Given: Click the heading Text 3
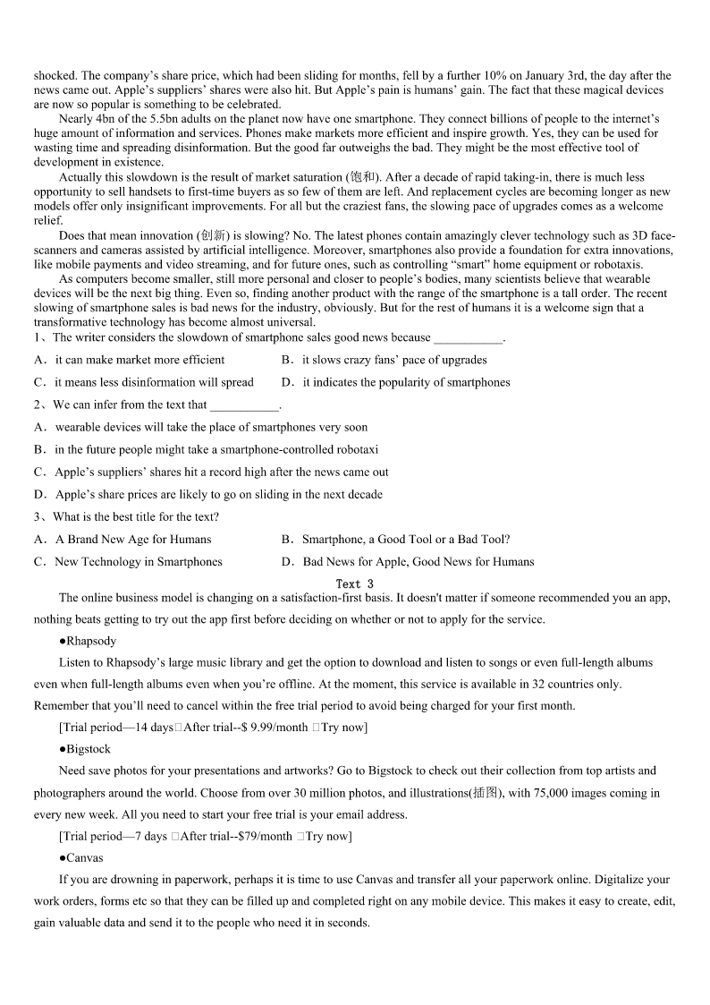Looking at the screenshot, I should [x=354, y=583].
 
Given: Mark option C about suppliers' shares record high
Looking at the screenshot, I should [x=211, y=472].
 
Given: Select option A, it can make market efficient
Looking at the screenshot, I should [x=130, y=360].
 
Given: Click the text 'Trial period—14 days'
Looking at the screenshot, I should [x=119, y=728].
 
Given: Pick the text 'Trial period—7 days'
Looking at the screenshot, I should [x=115, y=836].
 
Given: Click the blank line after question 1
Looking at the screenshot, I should [x=468, y=338].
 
